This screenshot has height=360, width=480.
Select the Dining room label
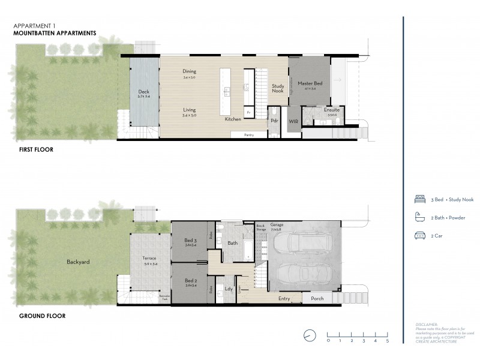pos(190,72)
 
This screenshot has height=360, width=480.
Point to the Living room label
pos(190,110)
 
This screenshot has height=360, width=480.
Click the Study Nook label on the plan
pos(277,88)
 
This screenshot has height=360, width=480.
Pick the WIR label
pos(293,121)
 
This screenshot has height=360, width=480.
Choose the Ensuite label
pos(332,110)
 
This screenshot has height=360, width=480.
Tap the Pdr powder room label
pos(274,121)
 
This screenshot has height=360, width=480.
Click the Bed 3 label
pos(191,241)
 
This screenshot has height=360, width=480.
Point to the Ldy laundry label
pos(228,288)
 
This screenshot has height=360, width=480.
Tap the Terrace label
pos(149,257)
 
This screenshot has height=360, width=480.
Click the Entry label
pos(284,298)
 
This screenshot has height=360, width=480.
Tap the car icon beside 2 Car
pos(420,236)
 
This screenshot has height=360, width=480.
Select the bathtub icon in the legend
pos(420,217)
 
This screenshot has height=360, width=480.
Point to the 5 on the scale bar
pos(388,340)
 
